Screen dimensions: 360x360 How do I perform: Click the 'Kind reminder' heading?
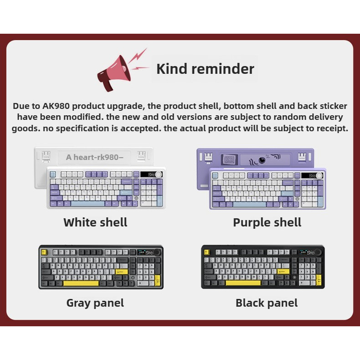coord(205,69)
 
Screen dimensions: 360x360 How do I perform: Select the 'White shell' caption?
coord(95,222)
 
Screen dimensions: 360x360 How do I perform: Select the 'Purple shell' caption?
coord(267,222)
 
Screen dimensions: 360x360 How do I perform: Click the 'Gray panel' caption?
coord(95,303)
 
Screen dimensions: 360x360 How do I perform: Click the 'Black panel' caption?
coord(267,303)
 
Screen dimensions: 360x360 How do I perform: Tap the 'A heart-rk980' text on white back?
coord(94,157)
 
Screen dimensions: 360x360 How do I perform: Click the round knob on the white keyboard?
coord(159,175)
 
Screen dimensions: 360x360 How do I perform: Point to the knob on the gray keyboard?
coord(157,252)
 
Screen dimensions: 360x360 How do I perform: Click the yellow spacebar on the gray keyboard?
coord(81,283)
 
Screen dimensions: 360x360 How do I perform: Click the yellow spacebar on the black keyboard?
coord(243,283)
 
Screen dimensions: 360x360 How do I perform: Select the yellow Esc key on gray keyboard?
coord(44,252)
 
